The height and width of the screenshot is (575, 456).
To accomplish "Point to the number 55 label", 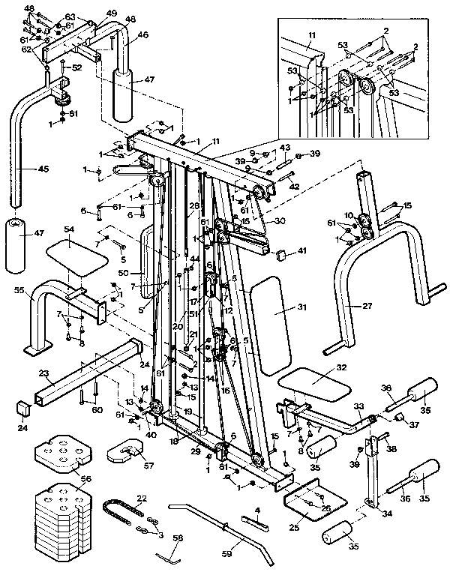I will point(19,289).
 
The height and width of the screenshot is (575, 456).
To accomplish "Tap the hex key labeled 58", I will point(171,556).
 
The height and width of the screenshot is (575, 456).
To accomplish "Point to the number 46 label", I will point(142,34).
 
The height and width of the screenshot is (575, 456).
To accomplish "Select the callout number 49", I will point(111,13).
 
